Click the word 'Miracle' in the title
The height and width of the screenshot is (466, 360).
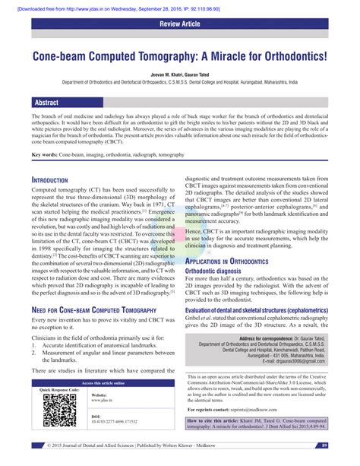(x=241, y=57)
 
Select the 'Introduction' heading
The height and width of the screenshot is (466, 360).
(x=57, y=180)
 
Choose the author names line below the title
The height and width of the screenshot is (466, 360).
(x=179, y=74)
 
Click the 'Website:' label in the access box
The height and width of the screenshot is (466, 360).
(x=99, y=395)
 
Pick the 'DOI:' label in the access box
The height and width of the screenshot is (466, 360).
(x=95, y=417)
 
